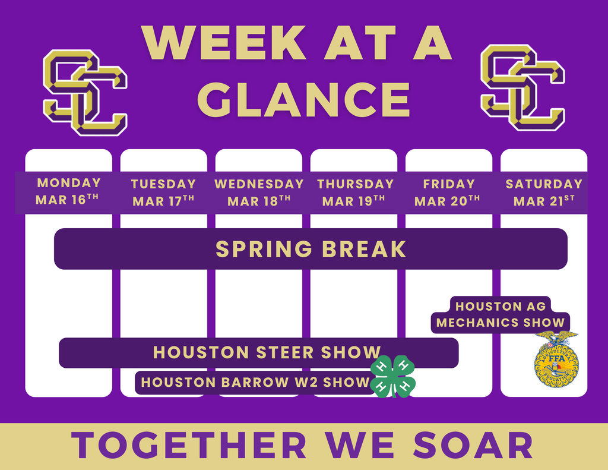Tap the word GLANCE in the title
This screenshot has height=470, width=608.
pyautogui.click(x=304, y=99)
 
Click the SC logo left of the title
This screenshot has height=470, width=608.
pyautogui.click(x=85, y=92)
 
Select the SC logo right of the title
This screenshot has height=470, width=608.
pyautogui.click(x=522, y=87)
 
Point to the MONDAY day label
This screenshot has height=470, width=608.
pyautogui.click(x=69, y=183)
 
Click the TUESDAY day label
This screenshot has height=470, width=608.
pyautogui.click(x=163, y=184)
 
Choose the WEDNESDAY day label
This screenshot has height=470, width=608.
pyautogui.click(x=259, y=184)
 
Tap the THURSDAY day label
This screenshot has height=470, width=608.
pyautogui.click(x=356, y=184)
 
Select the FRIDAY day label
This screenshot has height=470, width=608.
pyautogui.click(x=449, y=184)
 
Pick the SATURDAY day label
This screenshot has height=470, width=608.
pyautogui.click(x=544, y=184)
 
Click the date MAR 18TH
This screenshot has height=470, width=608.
pyautogui.click(x=259, y=201)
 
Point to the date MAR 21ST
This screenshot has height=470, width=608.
pyautogui.click(x=544, y=201)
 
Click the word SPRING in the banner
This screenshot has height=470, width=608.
pyautogui.click(x=264, y=249)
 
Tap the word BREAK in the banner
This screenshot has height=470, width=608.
pyautogui.click(x=364, y=249)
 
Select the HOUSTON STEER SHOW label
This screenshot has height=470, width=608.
pyautogui.click(x=267, y=352)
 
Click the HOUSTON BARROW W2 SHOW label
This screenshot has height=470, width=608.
pyautogui.click(x=255, y=382)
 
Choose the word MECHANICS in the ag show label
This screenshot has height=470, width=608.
pyautogui.click(x=477, y=323)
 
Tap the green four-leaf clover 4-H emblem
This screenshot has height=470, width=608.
pyautogui.click(x=393, y=377)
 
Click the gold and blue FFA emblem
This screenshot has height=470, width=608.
pyautogui.click(x=556, y=359)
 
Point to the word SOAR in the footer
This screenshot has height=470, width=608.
pyautogui.click(x=473, y=446)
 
